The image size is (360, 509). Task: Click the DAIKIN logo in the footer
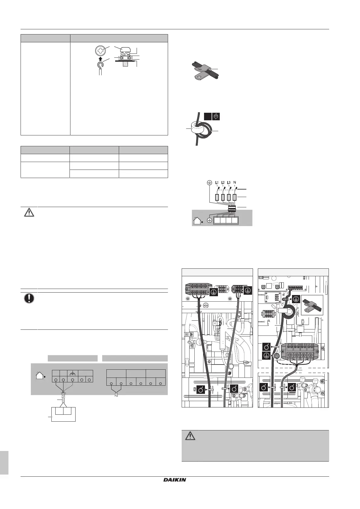tap(174, 497)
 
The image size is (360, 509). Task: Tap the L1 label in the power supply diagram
tap(217, 183)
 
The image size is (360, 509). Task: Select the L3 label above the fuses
tap(229, 183)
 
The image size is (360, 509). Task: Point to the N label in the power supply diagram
tap(235, 182)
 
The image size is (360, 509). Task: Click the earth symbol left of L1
tap(209, 182)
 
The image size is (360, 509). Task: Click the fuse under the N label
tap(235, 197)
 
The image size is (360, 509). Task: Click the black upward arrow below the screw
tap(100, 59)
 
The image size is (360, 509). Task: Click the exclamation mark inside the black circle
tap(29, 298)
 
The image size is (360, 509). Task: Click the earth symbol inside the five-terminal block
tap(73, 374)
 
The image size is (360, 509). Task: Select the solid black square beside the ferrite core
tap(207, 116)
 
